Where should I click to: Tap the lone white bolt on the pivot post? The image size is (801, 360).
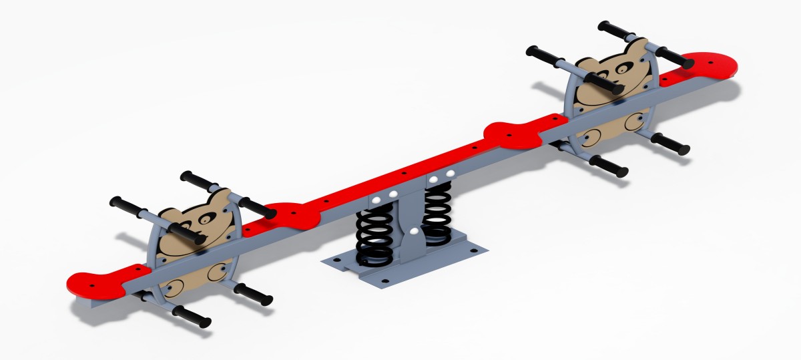point(415,232)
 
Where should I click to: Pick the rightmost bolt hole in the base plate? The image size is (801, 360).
point(475,251)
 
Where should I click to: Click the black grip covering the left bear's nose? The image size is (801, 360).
point(186,232)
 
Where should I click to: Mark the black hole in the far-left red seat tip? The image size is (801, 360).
point(85,279)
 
